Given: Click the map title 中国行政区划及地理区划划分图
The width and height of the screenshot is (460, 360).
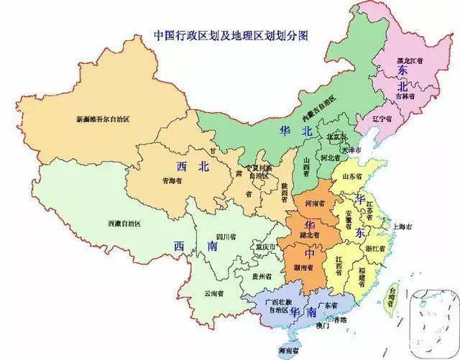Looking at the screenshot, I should click(230, 35).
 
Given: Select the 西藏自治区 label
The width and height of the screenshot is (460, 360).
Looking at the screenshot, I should click(124, 224).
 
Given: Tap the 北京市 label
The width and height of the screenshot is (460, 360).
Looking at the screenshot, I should click(337, 136).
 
